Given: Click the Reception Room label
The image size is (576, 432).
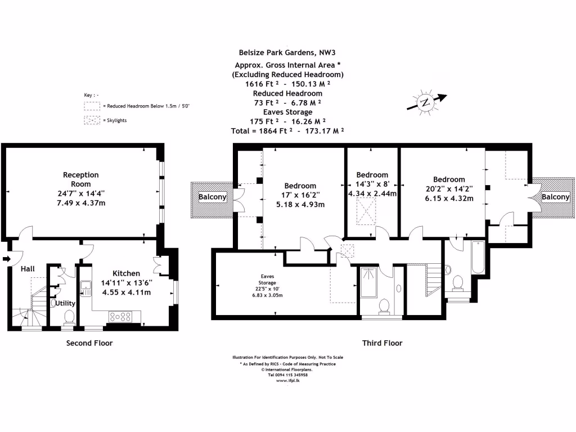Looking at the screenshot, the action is click(81, 179).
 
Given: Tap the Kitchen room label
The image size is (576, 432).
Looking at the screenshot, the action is click(126, 273).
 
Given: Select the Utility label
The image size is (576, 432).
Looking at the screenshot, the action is click(65, 303).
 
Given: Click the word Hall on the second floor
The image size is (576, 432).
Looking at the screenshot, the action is click(28, 269).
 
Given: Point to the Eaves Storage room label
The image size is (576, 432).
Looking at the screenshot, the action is click(267, 280).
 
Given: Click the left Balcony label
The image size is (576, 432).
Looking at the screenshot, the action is click(212, 197).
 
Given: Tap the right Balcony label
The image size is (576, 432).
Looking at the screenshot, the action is click(555, 197).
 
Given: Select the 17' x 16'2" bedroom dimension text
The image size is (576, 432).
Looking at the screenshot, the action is click(300, 195).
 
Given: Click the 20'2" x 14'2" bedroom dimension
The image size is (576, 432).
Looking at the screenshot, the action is click(449, 189).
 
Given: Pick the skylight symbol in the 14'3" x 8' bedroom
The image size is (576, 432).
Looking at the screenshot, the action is click(366, 211).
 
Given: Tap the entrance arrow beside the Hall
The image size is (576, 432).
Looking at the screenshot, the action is click(7, 259).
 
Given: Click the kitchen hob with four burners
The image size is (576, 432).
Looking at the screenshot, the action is click(120, 317).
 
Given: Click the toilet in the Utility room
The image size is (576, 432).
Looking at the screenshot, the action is click(69, 318).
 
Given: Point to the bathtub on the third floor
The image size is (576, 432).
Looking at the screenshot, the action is click(478, 257).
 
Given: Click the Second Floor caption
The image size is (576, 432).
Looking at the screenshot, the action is click(89, 343).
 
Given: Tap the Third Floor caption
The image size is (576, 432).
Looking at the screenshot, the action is click(382, 343).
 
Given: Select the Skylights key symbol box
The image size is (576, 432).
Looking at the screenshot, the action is click(92, 120).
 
